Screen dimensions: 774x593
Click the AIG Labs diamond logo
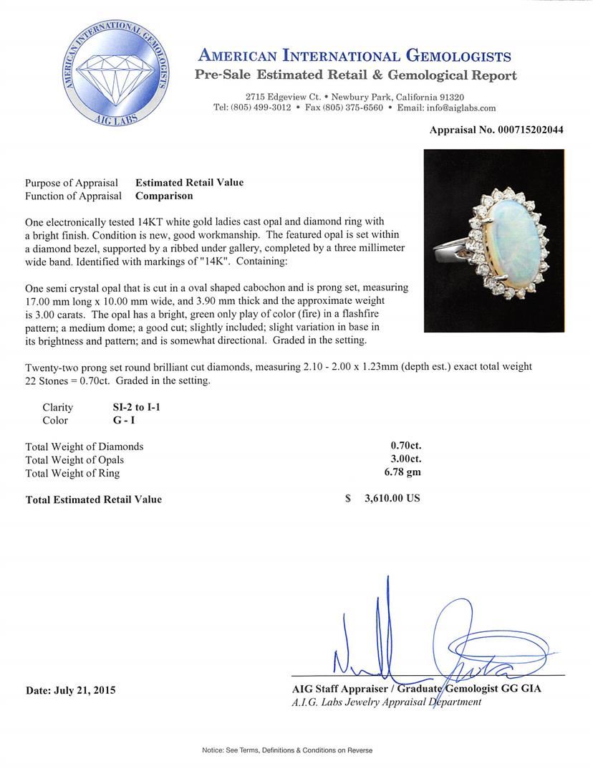click(x=117, y=74)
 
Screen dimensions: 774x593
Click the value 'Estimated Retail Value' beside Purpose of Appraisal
click(x=189, y=183)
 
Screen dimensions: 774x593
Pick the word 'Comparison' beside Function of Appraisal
click(x=164, y=196)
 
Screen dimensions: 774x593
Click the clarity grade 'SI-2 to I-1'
click(x=128, y=408)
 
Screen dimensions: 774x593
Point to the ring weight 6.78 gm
click(x=402, y=472)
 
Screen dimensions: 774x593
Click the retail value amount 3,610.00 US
click(x=392, y=499)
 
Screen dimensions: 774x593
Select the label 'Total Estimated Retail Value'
click(x=94, y=500)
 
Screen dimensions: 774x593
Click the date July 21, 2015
click(x=70, y=690)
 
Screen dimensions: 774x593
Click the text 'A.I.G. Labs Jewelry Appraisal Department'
click(x=387, y=702)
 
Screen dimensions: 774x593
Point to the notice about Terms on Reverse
click(x=286, y=750)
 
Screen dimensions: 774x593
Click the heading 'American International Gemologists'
click(x=354, y=57)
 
